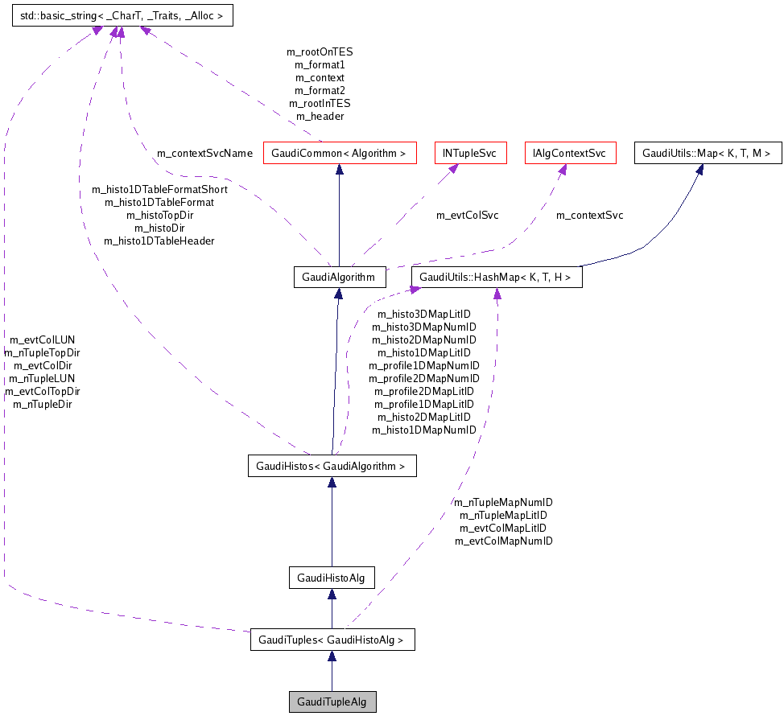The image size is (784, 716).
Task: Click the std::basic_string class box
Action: (122, 15)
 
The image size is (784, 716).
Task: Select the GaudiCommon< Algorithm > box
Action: (340, 153)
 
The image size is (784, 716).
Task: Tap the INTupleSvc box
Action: (470, 153)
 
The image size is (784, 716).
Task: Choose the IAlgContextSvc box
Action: (569, 153)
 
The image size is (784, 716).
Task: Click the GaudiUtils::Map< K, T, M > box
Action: (708, 153)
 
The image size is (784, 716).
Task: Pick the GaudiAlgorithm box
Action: (339, 278)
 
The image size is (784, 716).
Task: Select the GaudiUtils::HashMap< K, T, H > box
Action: (497, 278)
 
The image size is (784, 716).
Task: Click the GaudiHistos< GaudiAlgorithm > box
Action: (331, 466)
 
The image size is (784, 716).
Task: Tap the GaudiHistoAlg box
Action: (332, 578)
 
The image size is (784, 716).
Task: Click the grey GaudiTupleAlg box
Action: (332, 702)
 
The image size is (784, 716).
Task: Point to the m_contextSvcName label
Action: (204, 153)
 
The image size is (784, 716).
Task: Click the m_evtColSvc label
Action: (467, 215)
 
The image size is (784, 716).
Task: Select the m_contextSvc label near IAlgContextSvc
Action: (589, 215)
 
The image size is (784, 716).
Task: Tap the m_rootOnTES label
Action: (320, 51)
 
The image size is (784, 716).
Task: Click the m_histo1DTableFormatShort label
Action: (159, 190)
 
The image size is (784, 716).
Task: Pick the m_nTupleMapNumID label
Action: (504, 502)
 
